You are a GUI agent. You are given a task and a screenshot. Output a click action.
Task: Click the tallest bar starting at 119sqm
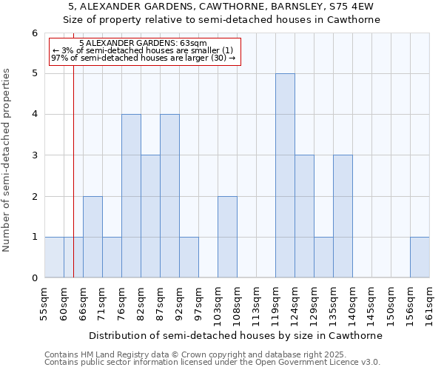[285, 175]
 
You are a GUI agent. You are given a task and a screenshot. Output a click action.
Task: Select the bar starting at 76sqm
[131, 196]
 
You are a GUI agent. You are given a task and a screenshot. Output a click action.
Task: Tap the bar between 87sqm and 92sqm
[169, 196]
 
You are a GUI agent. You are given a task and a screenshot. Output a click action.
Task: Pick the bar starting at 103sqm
[227, 237]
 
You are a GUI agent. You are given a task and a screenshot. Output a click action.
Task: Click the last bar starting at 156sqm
[420, 258]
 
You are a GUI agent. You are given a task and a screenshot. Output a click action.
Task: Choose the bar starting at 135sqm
[343, 216]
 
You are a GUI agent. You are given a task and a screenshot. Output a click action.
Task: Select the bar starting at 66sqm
[92, 237]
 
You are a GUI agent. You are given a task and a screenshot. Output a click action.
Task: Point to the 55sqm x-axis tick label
[45, 303]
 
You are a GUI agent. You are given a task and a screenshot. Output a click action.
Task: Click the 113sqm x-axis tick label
[257, 303]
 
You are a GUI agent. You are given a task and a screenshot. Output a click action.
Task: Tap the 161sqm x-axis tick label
[430, 303]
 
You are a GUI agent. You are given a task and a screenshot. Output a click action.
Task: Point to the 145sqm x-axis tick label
[372, 303]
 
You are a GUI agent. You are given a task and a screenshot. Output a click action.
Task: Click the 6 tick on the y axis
[34, 33]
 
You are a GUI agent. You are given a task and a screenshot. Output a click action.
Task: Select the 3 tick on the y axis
[34, 155]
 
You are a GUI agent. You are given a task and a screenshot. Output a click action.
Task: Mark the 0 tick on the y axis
[34, 278]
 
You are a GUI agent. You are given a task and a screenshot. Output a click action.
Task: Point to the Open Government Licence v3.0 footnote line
[212, 363]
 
